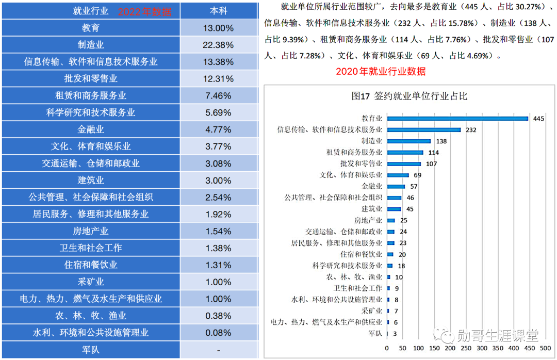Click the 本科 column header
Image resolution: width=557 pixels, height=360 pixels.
click(x=219, y=11)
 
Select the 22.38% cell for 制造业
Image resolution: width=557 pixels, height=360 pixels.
click(x=219, y=45)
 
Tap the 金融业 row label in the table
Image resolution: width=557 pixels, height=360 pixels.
click(x=91, y=129)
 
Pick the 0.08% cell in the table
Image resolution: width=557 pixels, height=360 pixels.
click(x=219, y=333)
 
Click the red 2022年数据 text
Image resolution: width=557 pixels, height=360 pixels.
click(x=145, y=11)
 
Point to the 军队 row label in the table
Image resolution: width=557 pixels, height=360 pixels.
click(x=91, y=350)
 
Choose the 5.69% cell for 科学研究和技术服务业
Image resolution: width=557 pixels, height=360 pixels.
click(x=219, y=112)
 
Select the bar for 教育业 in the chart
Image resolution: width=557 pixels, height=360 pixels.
click(x=457, y=118)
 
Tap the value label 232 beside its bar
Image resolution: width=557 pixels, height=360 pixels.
click(x=470, y=130)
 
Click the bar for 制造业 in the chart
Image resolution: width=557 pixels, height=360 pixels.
click(x=408, y=141)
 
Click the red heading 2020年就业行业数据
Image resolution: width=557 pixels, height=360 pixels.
click(x=381, y=72)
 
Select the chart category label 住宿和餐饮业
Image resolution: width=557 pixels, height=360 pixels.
click(x=361, y=254)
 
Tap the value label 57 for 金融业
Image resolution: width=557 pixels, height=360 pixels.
click(x=414, y=186)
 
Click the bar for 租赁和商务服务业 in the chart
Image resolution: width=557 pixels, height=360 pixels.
click(x=405, y=152)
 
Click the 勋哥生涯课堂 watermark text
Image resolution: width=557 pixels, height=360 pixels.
click(x=497, y=336)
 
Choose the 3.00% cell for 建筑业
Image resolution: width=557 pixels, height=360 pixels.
click(x=219, y=181)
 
